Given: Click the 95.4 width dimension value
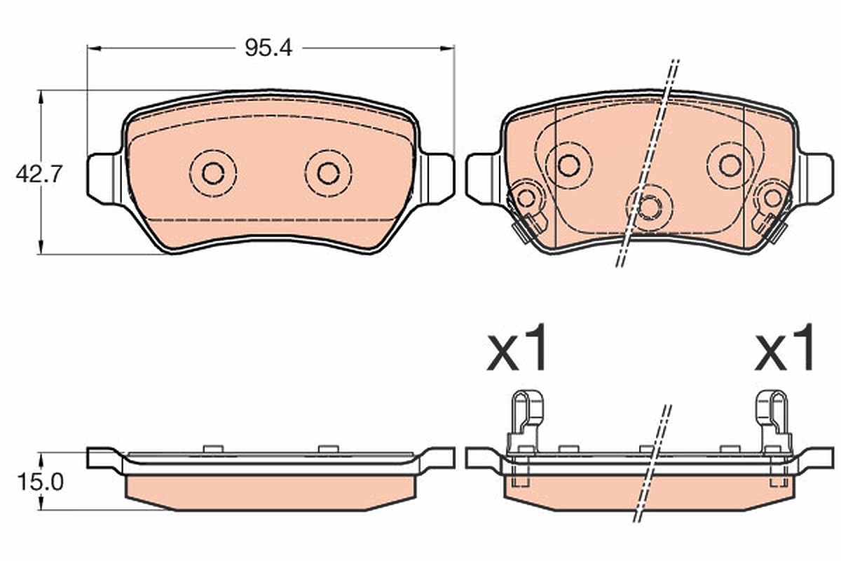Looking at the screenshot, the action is pyautogui.click(x=268, y=48).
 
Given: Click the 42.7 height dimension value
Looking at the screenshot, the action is pyautogui.click(x=39, y=175).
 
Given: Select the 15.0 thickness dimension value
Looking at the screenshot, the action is pyautogui.click(x=41, y=482).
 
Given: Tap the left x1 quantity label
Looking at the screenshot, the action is pyautogui.click(x=517, y=347).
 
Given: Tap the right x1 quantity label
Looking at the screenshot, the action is pyautogui.click(x=784, y=347).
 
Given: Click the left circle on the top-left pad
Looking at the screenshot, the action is pyautogui.click(x=213, y=173).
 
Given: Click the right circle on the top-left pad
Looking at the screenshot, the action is pyautogui.click(x=329, y=173).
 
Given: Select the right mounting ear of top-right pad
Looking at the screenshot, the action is pyautogui.click(x=816, y=180).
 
